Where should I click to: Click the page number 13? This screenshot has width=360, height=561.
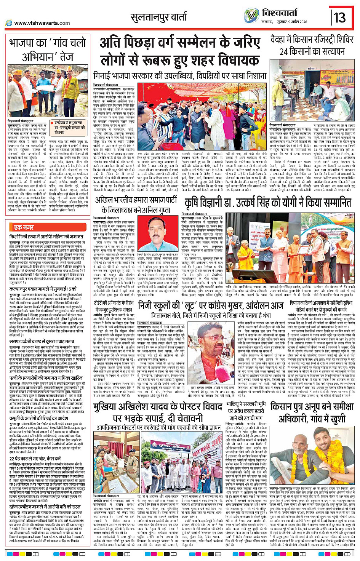[339, 18]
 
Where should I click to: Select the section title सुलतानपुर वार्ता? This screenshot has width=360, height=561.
[158, 17]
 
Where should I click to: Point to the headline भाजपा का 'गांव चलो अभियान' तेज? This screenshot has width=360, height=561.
[48, 50]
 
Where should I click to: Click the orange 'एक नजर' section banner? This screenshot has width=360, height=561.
[24, 227]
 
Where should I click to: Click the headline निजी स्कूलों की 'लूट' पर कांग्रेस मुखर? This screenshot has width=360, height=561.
[211, 305]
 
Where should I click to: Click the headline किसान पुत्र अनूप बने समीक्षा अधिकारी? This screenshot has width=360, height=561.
[312, 413]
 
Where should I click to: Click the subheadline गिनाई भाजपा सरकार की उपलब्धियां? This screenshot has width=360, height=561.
[179, 76]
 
